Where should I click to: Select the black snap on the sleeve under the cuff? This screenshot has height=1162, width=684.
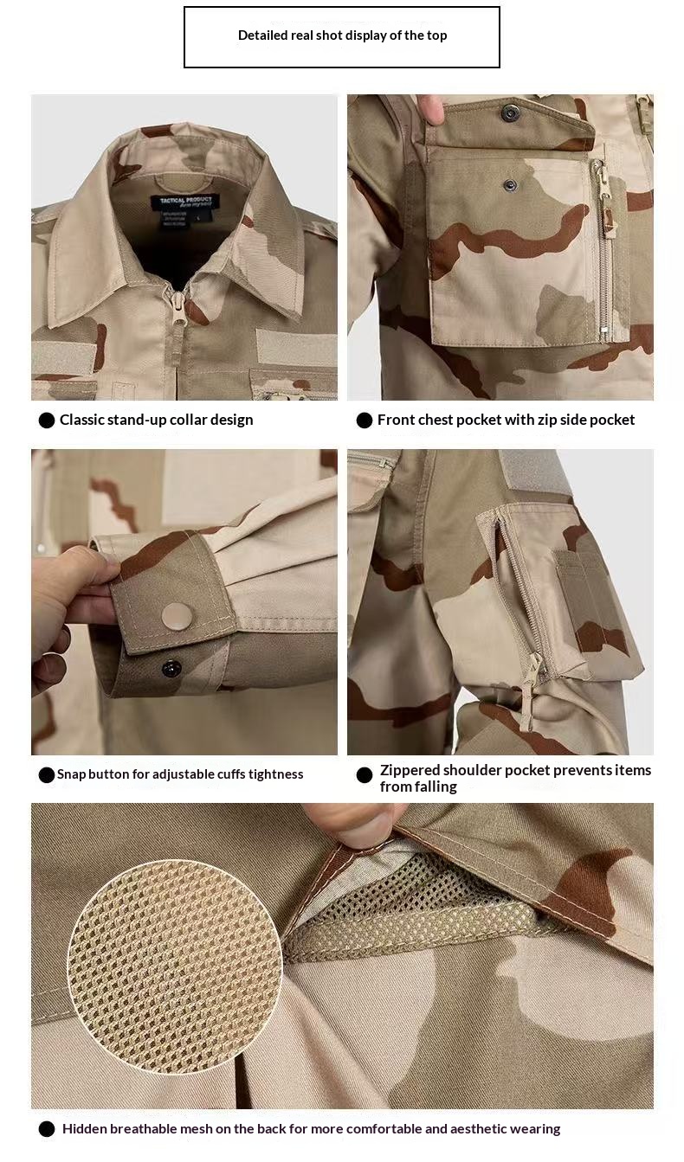pos(171,667)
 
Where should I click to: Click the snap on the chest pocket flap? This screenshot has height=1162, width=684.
pos(510,111)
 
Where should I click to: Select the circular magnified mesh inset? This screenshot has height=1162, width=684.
pos(175,966)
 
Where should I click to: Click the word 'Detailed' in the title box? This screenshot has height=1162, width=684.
pos(264,35)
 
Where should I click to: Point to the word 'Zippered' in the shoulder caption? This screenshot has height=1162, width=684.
pos(410,770)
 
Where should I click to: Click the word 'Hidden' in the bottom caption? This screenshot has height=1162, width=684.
pos(83,1128)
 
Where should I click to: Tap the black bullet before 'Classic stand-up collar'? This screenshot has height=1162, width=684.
pos(47,421)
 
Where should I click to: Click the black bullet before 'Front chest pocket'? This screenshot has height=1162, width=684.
pos(365,421)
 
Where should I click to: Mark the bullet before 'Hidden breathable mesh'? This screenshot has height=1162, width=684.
pos(47,1129)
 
